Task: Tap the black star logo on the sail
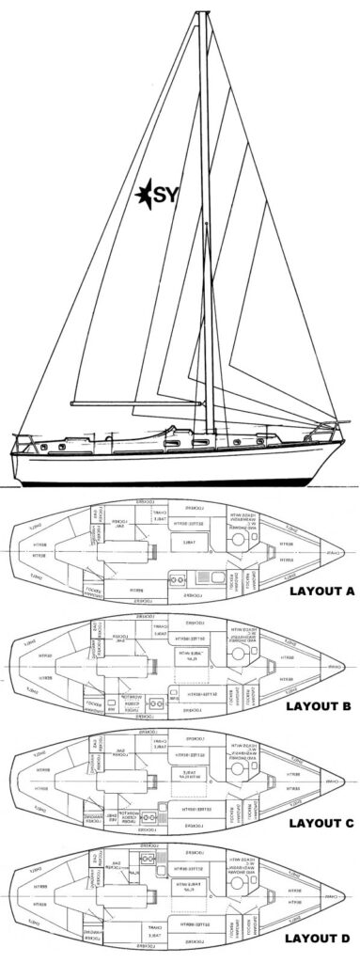click(149, 197)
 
